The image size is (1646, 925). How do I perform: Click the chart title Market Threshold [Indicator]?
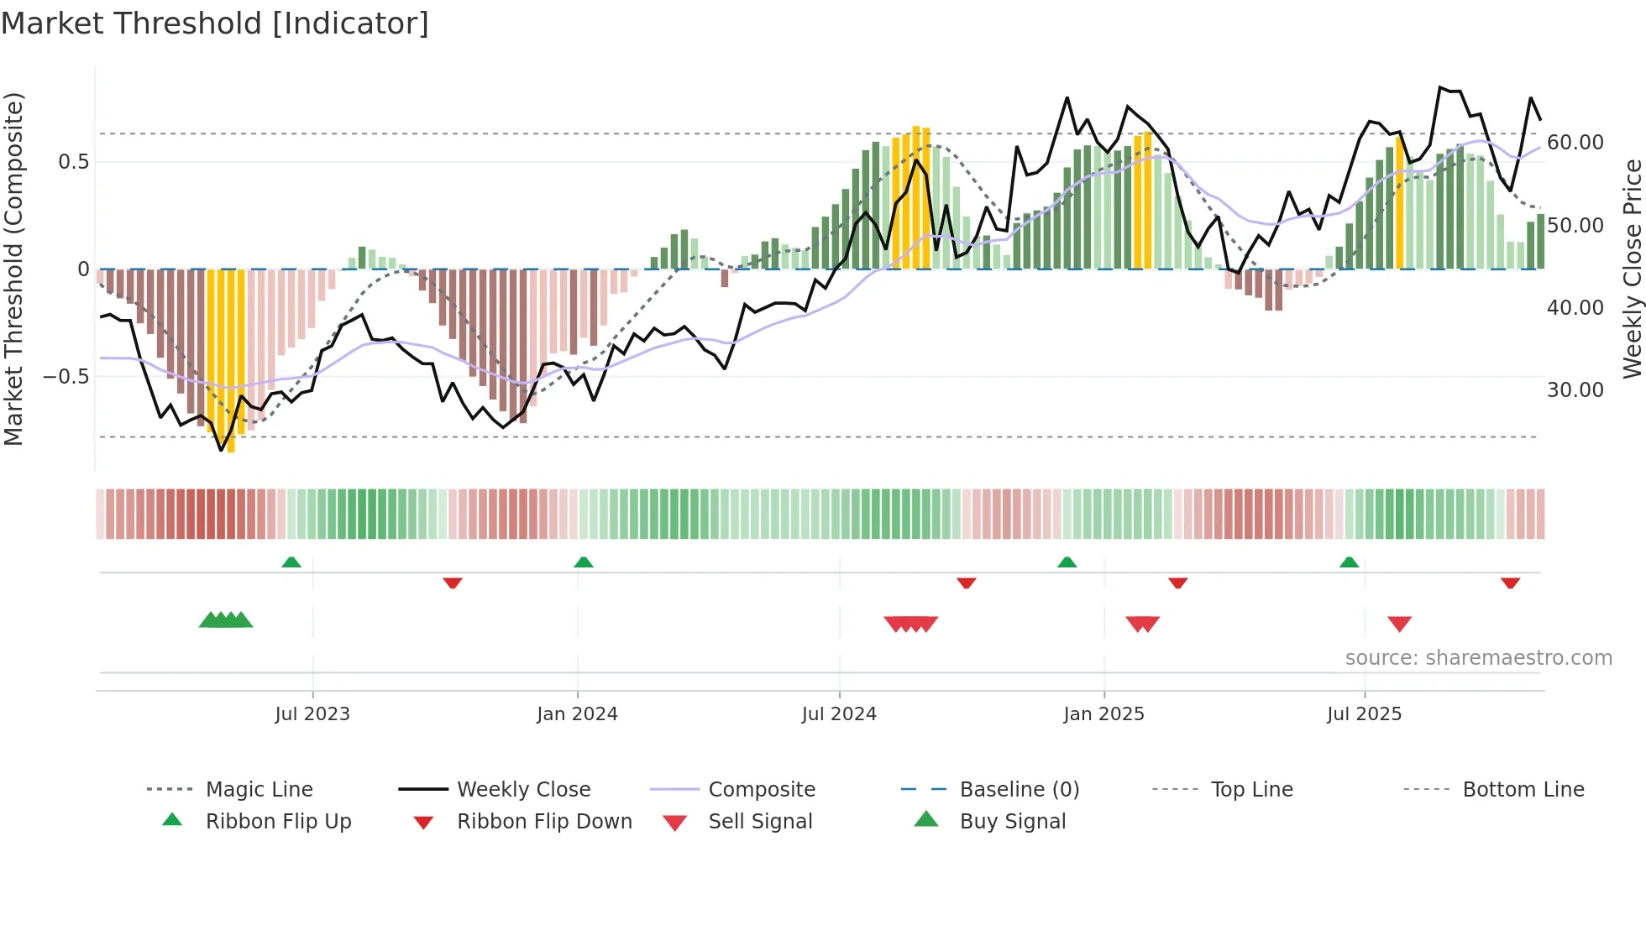pos(215,24)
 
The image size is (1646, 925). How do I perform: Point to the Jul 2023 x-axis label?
pos(312,713)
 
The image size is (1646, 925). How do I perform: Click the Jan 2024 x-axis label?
pos(577,713)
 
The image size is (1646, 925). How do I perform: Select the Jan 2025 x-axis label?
pos(1103,713)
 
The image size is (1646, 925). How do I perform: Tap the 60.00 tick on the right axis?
pos(1575,143)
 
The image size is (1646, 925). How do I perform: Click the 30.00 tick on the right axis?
pos(1575,389)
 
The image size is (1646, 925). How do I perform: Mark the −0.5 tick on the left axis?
pos(66,376)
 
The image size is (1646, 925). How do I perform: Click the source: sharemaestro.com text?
pos(1478,657)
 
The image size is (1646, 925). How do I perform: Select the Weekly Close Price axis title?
pos(1632,269)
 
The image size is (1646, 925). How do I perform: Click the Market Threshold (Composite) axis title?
pos(13,269)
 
